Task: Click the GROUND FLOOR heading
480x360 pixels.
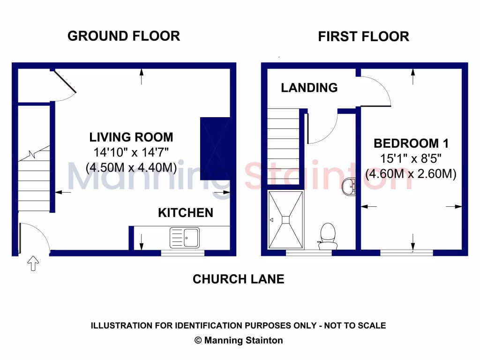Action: pyautogui.click(x=123, y=36)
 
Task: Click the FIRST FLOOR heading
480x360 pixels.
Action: pyautogui.click(x=363, y=37)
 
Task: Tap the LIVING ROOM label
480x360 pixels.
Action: pyautogui.click(x=131, y=137)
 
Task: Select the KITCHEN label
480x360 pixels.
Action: pyautogui.click(x=186, y=213)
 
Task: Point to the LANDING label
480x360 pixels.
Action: pyautogui.click(x=309, y=88)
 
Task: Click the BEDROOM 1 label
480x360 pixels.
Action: pyautogui.click(x=411, y=143)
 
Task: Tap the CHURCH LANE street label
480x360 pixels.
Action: pyautogui.click(x=239, y=279)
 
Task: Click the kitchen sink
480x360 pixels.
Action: pyautogui.click(x=185, y=237)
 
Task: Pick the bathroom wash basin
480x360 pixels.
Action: pyautogui.click(x=349, y=187)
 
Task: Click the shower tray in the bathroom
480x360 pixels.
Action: pyautogui.click(x=285, y=219)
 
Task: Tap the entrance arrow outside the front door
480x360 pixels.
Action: pyautogui.click(x=33, y=263)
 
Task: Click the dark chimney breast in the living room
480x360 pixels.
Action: pyautogui.click(x=215, y=149)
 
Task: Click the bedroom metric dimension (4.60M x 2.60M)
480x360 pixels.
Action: pyautogui.click(x=411, y=174)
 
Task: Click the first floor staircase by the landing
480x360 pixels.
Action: pyautogui.click(x=283, y=146)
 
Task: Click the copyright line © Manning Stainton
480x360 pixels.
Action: pyautogui.click(x=239, y=340)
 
